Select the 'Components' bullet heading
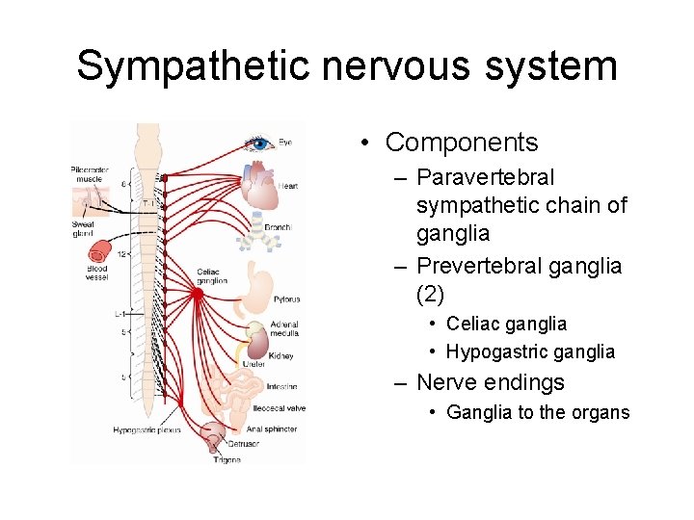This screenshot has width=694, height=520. [461, 143]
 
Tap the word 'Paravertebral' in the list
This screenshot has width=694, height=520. [485, 177]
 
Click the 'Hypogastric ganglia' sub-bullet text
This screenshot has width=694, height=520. [530, 351]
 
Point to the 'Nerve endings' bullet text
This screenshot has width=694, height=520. [490, 382]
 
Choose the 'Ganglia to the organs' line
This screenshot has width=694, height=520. [538, 412]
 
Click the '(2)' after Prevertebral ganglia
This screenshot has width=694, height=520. [430, 293]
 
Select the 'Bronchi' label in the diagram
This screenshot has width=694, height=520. [278, 227]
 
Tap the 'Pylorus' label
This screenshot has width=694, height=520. [286, 299]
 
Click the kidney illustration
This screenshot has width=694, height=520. [257, 345]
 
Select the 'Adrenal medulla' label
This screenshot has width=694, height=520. [284, 328]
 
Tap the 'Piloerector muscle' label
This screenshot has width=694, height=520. [90, 174]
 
